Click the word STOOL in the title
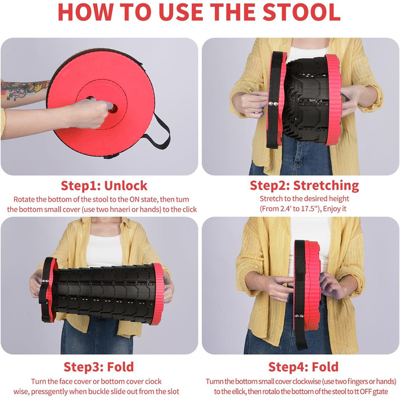point(302,12)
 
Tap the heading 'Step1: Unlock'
point(104,186)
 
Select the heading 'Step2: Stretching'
point(305,186)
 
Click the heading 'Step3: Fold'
point(99,367)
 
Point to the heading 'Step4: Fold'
point(303,367)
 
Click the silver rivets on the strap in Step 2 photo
point(273,103)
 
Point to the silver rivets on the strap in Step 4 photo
point(299,316)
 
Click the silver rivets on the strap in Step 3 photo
point(45,281)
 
